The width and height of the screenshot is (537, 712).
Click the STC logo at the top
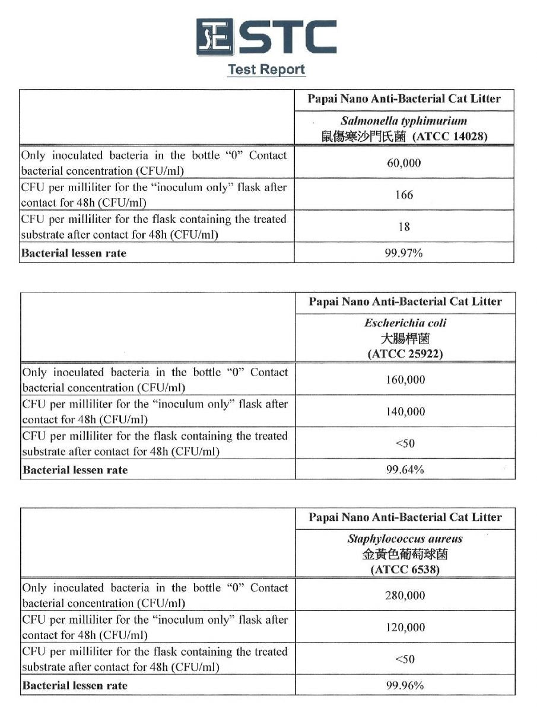click(x=266, y=37)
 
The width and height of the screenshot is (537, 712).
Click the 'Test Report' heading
click(x=266, y=69)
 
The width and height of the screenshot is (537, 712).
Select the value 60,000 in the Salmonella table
click(x=404, y=163)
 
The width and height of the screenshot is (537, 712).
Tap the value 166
click(x=404, y=195)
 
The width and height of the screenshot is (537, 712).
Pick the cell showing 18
click(x=404, y=227)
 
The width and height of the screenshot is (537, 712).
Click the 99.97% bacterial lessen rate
click(x=404, y=253)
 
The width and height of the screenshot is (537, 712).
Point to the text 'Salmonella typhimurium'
click(x=404, y=121)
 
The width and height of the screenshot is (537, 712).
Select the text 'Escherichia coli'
click(x=405, y=323)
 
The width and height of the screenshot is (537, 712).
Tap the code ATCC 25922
click(x=405, y=354)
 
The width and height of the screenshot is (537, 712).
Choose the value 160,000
click(x=405, y=380)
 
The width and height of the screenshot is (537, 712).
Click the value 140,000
click(x=405, y=411)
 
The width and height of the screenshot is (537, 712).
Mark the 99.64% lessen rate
click(x=405, y=470)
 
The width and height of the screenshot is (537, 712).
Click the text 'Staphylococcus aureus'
click(x=405, y=539)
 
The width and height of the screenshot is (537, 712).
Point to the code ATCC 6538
click(x=405, y=570)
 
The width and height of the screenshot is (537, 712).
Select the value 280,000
click(x=405, y=596)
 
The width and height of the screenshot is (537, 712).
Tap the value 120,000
click(x=405, y=627)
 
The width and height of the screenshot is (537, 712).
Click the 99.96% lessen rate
click(x=405, y=686)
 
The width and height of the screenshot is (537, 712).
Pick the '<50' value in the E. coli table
click(x=405, y=443)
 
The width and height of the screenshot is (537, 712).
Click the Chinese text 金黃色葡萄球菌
click(x=405, y=555)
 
